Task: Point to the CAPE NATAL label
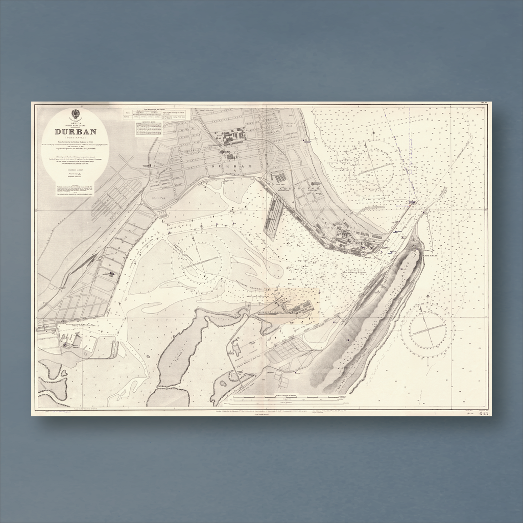click(431, 255)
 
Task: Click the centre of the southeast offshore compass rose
click(428, 329)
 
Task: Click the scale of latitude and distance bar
click(289, 398)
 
